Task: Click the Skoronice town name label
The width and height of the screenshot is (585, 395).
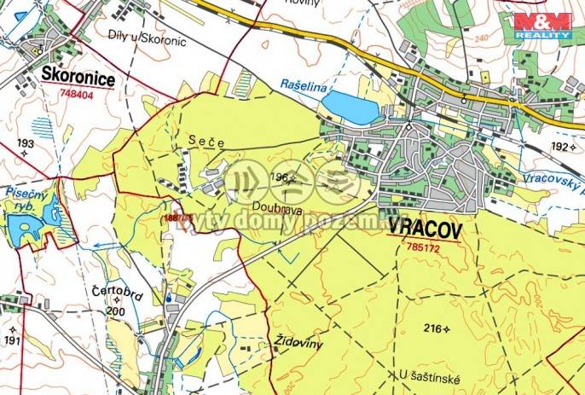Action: (77, 75)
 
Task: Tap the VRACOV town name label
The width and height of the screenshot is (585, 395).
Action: (424, 229)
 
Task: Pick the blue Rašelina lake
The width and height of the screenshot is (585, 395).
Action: (350, 107)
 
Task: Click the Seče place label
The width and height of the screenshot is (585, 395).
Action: (206, 142)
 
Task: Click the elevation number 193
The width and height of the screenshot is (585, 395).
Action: (25, 142)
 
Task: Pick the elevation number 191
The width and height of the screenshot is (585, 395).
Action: (11, 340)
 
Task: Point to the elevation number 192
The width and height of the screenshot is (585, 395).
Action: (559, 147)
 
